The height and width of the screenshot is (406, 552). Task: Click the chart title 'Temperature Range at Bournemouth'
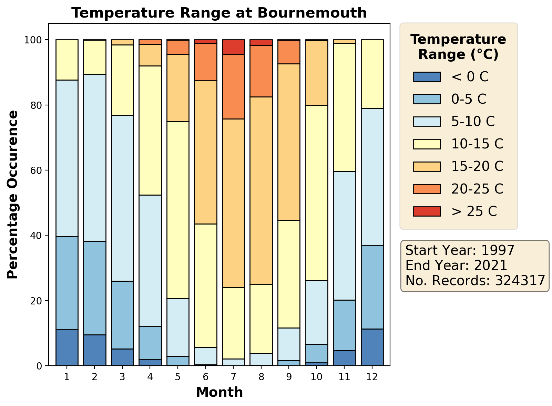tap(219, 13)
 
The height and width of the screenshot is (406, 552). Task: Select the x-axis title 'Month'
tap(219, 392)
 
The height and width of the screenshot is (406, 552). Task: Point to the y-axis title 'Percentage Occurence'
tap(12, 195)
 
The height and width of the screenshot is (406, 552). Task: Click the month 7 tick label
tap(233, 377)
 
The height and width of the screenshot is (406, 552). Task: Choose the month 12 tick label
tap(372, 377)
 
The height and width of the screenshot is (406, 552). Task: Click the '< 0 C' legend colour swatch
tap(427, 77)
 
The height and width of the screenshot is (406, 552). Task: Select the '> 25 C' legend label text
tap(474, 211)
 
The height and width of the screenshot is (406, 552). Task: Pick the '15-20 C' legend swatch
tap(427, 166)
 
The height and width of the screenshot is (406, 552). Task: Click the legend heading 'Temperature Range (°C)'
tap(458, 47)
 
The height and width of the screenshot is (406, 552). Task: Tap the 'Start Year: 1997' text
tap(460, 250)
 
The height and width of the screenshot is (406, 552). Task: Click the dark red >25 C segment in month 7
tap(233, 47)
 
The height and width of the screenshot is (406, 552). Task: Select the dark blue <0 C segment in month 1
tap(67, 347)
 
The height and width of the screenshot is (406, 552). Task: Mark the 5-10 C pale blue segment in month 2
tap(95, 158)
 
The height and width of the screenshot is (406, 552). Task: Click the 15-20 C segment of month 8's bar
tap(261, 190)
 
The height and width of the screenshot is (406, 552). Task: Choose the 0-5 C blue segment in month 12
tap(372, 287)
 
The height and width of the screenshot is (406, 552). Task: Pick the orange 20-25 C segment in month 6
tap(206, 62)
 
